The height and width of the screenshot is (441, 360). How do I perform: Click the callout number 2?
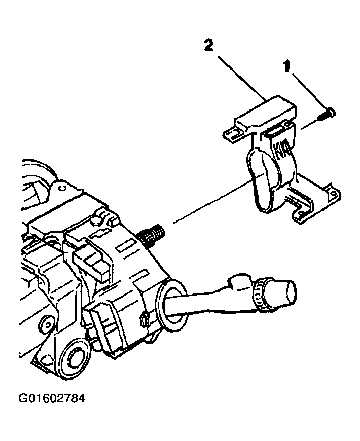point(208,46)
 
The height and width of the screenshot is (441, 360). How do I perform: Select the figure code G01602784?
point(52,398)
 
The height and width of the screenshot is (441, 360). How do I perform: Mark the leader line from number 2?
point(242,78)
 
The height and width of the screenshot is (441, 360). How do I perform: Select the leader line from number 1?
point(310,91)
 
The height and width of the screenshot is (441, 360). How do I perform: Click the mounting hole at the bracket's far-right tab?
point(333,194)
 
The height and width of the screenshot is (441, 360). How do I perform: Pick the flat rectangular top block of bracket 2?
point(266,111)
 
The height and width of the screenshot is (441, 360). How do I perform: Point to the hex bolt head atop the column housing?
point(96,221)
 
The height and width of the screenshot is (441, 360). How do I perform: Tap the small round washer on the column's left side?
point(47,324)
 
